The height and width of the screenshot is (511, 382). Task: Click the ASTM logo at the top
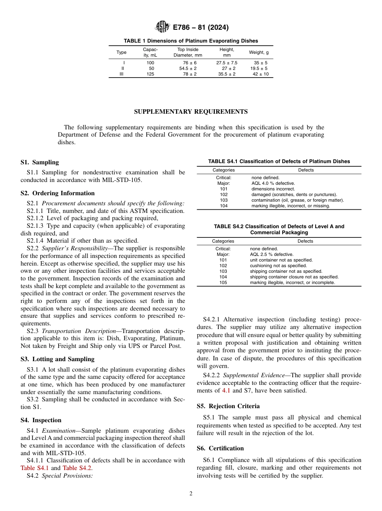pyautogui.click(x=162, y=27)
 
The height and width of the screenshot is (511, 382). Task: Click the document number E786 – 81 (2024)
pyautogui.click(x=201, y=27)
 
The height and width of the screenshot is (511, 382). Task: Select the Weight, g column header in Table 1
pyautogui.click(x=259, y=52)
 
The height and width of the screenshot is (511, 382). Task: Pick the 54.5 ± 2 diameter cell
pyautogui.click(x=188, y=68)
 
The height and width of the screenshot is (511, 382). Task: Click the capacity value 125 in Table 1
pyautogui.click(x=150, y=74)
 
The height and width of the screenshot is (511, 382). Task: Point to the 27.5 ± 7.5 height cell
pyautogui.click(x=227, y=63)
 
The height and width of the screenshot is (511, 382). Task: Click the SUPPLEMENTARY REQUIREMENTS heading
pyautogui.click(x=191, y=111)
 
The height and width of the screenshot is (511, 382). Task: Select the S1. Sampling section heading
pyautogui.click(x=39, y=162)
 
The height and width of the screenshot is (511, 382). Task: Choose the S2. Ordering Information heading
pyautogui.click(x=58, y=193)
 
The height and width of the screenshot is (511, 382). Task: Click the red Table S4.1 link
pyautogui.click(x=35, y=468)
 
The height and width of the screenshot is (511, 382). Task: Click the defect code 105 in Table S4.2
pyautogui.click(x=223, y=282)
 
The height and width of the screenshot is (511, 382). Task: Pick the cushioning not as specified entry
pyautogui.click(x=278, y=266)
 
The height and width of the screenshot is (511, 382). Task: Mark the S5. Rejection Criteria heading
pyautogui.click(x=228, y=406)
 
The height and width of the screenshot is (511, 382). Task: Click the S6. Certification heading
pyautogui.click(x=220, y=448)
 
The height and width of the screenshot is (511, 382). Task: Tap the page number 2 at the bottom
pyautogui.click(x=191, y=494)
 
